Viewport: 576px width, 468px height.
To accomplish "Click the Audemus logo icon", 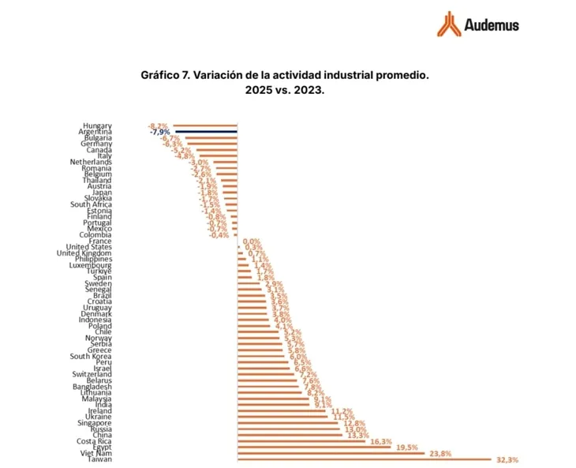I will pos(448,24).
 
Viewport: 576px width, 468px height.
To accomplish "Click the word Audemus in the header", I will pos(491,25).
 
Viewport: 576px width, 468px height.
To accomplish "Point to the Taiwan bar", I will pos(363,459).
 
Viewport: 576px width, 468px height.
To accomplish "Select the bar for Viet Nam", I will pos(330,453).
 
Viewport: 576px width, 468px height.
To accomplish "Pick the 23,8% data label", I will pos(439,453).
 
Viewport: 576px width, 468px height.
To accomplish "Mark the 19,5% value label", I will pos(407,447).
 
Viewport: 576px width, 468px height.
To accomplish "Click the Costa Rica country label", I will pos(94,440).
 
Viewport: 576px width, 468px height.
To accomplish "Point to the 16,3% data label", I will pos(381,441).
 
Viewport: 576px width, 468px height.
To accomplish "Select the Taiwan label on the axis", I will pos(99,459).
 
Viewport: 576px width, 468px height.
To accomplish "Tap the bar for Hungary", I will pos(205,125).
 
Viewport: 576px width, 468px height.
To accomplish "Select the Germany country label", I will pos(96,144).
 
